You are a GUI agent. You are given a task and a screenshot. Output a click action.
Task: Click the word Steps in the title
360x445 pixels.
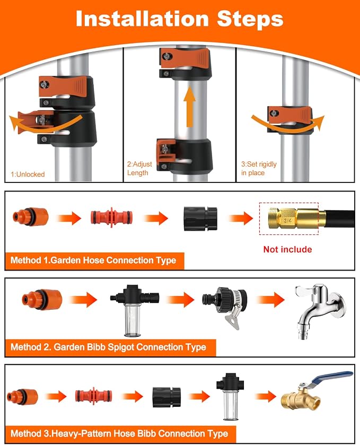pyautogui.click(x=250, y=20)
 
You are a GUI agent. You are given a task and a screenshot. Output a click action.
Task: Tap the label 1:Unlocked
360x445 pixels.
pyautogui.click(x=28, y=174)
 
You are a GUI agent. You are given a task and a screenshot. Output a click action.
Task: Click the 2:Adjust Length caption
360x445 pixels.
pyautogui.click(x=139, y=168)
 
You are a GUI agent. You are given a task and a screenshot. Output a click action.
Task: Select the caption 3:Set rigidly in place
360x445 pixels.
pyautogui.click(x=259, y=168)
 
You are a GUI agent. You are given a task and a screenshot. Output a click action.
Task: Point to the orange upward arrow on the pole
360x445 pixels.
pyautogui.click(x=189, y=107)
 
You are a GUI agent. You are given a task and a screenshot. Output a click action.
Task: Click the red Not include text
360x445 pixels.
pyautogui.click(x=287, y=249)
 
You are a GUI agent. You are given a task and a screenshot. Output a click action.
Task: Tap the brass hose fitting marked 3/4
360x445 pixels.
pyautogui.click(x=297, y=217)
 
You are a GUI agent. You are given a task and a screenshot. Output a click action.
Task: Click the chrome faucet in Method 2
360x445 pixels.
pyautogui.click(x=320, y=310)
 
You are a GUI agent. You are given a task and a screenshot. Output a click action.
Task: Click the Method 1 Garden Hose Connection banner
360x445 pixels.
pyautogui.click(x=94, y=260)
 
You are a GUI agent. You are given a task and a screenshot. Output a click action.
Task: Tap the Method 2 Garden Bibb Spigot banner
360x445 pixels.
pyautogui.click(x=110, y=347)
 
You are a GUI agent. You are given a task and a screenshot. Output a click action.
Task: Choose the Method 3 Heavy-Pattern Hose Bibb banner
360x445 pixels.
pyautogui.click(x=120, y=434)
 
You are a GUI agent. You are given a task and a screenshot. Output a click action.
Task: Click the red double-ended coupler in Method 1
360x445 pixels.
pyautogui.click(x=111, y=217)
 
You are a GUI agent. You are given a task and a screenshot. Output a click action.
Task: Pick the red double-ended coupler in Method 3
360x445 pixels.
pyautogui.click(x=94, y=396)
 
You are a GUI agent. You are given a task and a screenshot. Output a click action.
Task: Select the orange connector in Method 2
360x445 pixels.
pyautogui.click(x=42, y=300)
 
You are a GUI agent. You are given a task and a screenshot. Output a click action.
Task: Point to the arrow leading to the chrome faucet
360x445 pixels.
pyautogui.click(x=270, y=300)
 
